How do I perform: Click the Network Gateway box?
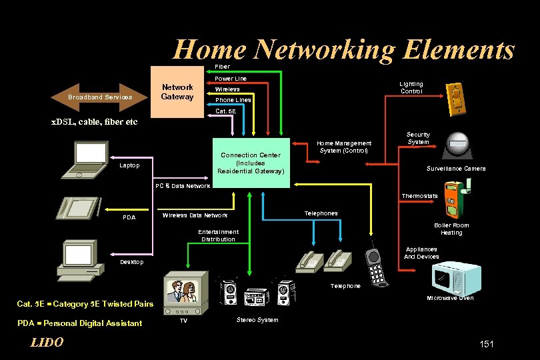177,91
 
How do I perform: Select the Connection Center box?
251,163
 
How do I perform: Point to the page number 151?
487,343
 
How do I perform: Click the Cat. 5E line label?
226,111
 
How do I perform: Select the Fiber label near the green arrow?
222,67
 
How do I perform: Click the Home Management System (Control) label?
345,147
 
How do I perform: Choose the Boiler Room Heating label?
451,229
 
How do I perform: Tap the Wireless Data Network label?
195,215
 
